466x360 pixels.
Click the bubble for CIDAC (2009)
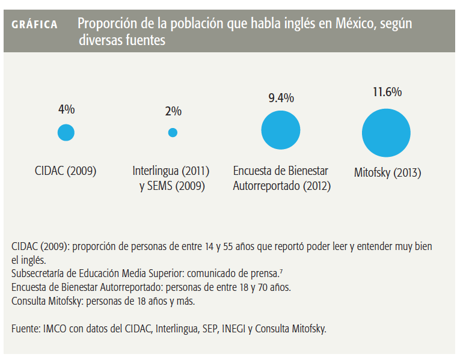66,132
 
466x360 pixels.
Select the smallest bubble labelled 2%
173,133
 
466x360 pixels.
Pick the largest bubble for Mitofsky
386,133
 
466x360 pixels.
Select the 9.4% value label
281,98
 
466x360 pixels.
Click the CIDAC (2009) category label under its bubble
66,171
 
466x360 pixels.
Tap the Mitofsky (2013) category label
388,173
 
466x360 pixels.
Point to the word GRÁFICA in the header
35,25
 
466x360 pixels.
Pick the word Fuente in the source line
25,329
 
